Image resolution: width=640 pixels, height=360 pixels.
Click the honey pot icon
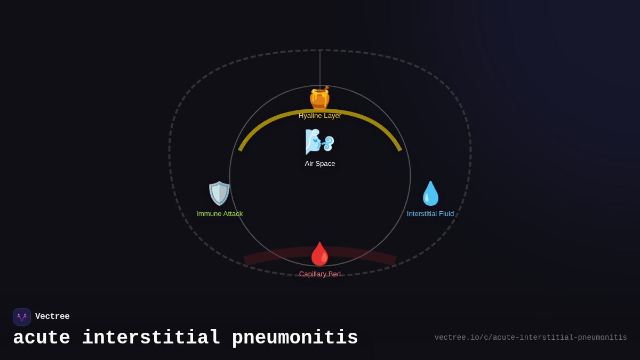(x=319, y=98)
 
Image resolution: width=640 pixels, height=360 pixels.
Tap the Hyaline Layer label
(x=320, y=116)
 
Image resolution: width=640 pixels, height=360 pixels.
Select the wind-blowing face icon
(x=319, y=141)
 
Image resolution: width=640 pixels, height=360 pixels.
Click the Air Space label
(x=320, y=164)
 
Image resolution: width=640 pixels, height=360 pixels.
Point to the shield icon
(x=219, y=193)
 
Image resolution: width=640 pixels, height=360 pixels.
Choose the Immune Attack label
(x=219, y=214)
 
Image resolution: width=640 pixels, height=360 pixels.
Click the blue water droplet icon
(x=430, y=193)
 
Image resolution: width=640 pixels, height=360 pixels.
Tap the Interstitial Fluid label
(x=430, y=214)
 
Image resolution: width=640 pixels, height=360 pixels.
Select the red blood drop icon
(x=320, y=254)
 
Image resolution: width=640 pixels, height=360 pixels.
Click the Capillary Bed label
(x=320, y=274)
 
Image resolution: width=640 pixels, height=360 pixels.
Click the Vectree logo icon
(x=22, y=317)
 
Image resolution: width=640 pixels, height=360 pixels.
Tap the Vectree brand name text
(x=52, y=317)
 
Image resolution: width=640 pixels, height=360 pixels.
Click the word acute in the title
(x=42, y=338)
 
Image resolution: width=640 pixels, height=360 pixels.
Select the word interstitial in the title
(x=151, y=338)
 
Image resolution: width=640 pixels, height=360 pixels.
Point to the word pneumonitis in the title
(x=295, y=338)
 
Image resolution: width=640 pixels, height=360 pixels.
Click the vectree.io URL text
(x=531, y=338)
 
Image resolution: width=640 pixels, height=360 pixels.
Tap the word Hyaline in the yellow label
(x=310, y=116)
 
